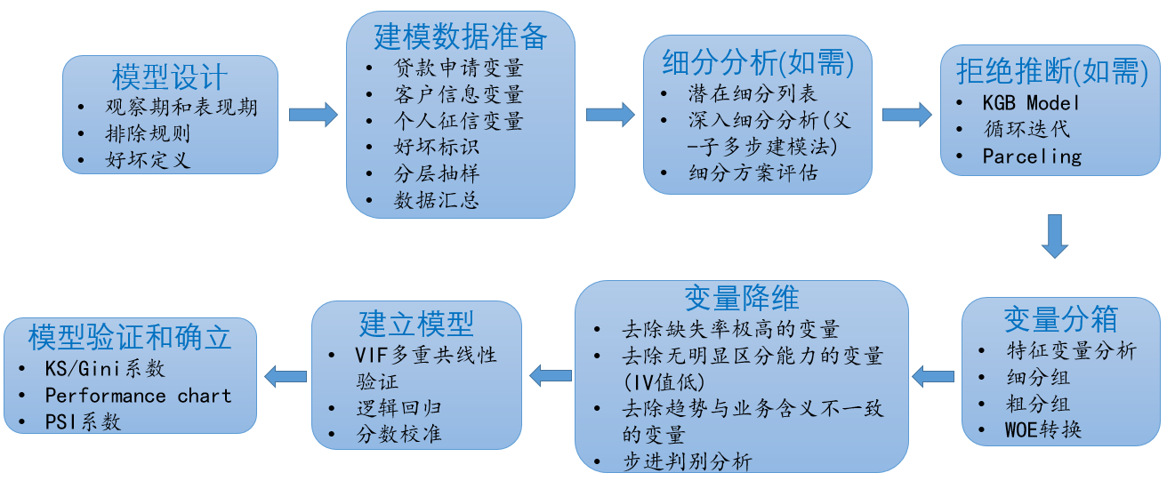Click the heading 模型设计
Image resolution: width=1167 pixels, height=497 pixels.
pyautogui.click(x=169, y=77)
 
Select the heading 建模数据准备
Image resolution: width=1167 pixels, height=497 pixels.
pyautogui.click(x=461, y=36)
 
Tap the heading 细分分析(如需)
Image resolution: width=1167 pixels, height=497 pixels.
pyautogui.click(x=758, y=62)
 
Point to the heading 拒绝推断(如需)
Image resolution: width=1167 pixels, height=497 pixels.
pyautogui.click(x=1052, y=71)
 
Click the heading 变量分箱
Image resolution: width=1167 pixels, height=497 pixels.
pyautogui.click(x=1061, y=319)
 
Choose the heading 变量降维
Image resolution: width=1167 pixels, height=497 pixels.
pyautogui.click(x=742, y=298)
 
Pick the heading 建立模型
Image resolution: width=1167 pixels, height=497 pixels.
pyautogui.click(x=417, y=323)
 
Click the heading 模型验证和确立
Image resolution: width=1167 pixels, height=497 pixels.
pyautogui.click(x=129, y=337)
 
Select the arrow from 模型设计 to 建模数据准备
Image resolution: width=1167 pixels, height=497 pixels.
pyautogui.click(x=313, y=115)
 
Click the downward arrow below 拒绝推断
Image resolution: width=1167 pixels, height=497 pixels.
pyautogui.click(x=1055, y=236)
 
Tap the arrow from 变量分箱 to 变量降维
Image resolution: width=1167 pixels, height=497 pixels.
pyautogui.click(x=933, y=376)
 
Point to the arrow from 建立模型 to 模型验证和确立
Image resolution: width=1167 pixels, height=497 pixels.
pyautogui.click(x=286, y=376)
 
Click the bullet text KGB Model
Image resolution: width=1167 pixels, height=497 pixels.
pyautogui.click(x=1031, y=102)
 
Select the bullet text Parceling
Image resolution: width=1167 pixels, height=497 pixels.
pyautogui.click(x=1032, y=156)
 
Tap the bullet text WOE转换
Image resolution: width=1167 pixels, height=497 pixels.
pyautogui.click(x=1043, y=429)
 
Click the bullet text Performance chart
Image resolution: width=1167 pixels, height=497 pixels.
pyautogui.click(x=138, y=396)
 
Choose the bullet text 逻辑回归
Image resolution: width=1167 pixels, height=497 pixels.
pyautogui.click(x=398, y=408)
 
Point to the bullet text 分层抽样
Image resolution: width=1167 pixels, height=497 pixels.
pyautogui.click(x=437, y=173)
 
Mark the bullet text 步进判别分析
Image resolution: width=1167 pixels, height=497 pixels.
pyautogui.click(x=688, y=461)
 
